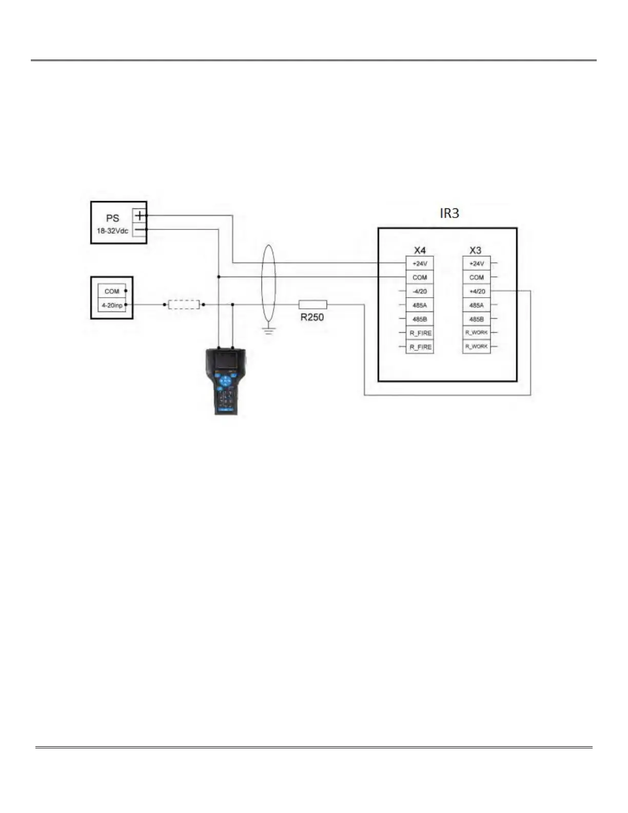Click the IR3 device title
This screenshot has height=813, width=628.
[449, 214]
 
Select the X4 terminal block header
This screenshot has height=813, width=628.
[420, 250]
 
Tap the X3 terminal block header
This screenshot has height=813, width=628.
[476, 250]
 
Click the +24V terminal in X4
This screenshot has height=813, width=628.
[420, 264]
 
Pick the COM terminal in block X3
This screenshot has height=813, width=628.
[476, 278]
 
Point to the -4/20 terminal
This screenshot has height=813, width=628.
[420, 292]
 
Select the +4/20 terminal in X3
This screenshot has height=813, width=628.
[476, 292]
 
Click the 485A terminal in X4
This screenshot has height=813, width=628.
[420, 305]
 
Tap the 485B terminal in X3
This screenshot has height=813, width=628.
[476, 319]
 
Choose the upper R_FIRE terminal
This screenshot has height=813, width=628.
[420, 333]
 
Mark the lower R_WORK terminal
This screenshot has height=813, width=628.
[476, 347]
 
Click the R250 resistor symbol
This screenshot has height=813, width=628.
[312, 304]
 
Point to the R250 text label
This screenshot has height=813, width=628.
[312, 317]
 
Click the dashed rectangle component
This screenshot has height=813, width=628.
[184, 304]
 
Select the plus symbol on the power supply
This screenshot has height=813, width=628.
[140, 216]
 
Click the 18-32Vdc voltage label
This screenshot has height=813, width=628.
[112, 231]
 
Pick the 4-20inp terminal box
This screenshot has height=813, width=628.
[112, 305]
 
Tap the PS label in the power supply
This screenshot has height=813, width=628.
[112, 218]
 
